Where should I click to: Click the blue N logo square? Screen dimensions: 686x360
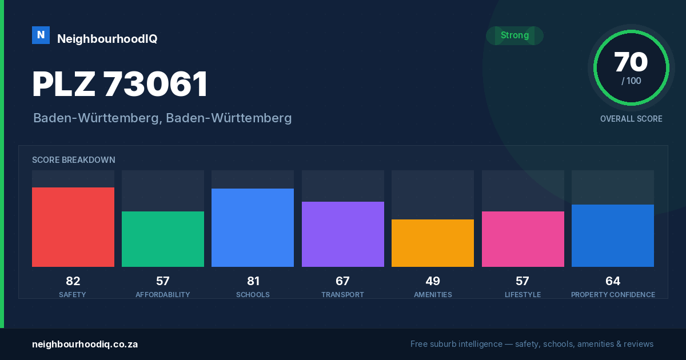tap(41, 35)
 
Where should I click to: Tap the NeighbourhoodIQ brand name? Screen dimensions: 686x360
tap(107, 39)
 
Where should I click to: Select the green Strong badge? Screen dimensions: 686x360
tap(514, 35)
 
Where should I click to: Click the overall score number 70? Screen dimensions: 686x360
tap(631, 62)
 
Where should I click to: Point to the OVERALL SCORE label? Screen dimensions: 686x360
tap(631, 119)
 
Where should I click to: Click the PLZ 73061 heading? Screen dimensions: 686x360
tap(119, 84)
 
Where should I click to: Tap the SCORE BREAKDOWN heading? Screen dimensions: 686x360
tap(74, 160)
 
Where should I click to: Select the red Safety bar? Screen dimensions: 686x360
tap(73, 227)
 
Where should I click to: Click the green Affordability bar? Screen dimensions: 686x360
tap(163, 239)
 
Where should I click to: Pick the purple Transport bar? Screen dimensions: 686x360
tap(343, 234)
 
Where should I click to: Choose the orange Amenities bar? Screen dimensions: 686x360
tap(433, 243)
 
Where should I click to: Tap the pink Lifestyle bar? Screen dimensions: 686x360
tap(523, 239)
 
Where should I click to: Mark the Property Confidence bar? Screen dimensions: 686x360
tap(613, 235)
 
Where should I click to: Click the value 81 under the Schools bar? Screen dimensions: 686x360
tap(253, 281)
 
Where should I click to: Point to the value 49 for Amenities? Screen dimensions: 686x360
tap(433, 281)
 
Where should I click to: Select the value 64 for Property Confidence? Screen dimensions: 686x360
tap(613, 281)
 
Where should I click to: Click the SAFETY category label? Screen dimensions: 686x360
tap(73, 295)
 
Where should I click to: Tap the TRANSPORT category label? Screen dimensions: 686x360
tap(342, 295)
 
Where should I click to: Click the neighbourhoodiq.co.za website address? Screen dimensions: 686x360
tap(85, 345)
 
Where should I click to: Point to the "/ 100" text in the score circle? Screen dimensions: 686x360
tap(631, 81)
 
